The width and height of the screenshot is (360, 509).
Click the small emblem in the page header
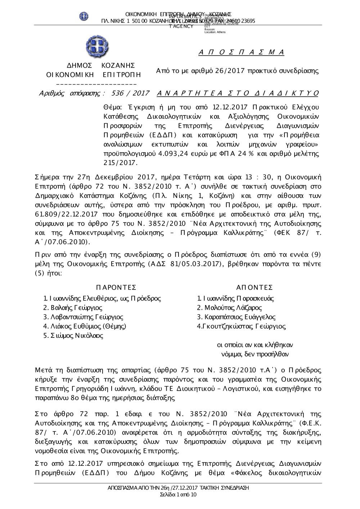tap(84, 16)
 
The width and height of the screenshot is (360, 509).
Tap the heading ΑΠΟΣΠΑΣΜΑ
tap(241, 53)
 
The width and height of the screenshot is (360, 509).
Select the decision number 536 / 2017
tap(131, 94)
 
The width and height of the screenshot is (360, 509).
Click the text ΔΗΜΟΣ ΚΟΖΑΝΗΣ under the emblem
tap(101, 65)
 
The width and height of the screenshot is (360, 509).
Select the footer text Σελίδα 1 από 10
tap(178, 495)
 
